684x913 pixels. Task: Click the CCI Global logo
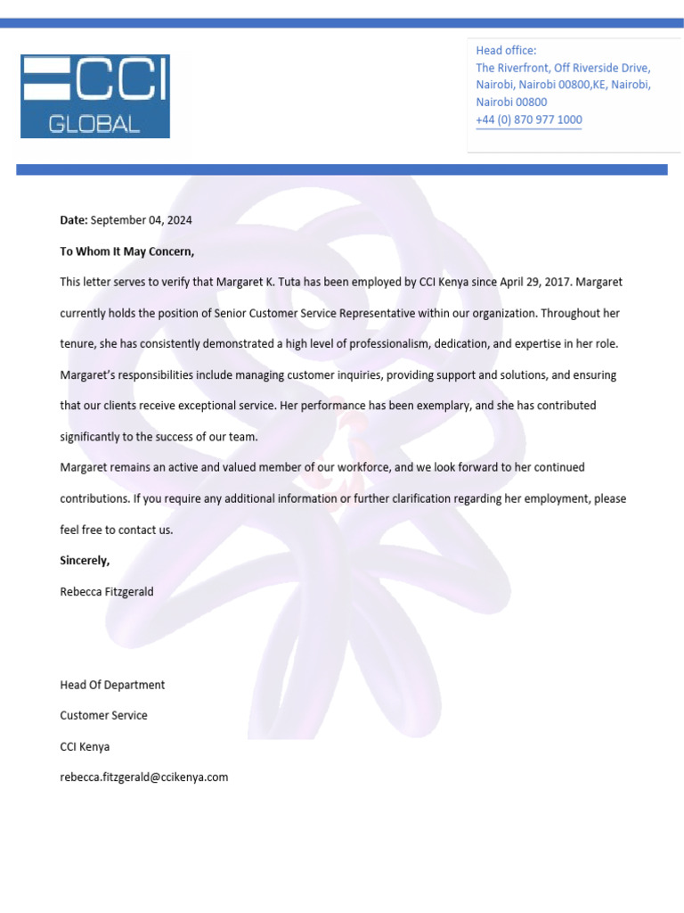pos(95,96)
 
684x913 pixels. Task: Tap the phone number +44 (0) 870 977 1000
pos(529,119)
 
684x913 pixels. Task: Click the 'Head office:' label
pos(506,51)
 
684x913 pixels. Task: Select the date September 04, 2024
pos(142,219)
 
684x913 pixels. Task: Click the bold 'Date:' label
pos(74,219)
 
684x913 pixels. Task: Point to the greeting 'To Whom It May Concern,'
pos(126,251)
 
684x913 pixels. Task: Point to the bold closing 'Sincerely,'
pos(85,561)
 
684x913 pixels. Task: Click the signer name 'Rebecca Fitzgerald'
pos(107,591)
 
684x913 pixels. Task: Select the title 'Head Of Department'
pos(112,685)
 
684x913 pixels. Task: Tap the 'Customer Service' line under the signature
pos(103,715)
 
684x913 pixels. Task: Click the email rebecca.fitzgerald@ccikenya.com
pos(143,777)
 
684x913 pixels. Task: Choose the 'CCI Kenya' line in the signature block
pos(85,746)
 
